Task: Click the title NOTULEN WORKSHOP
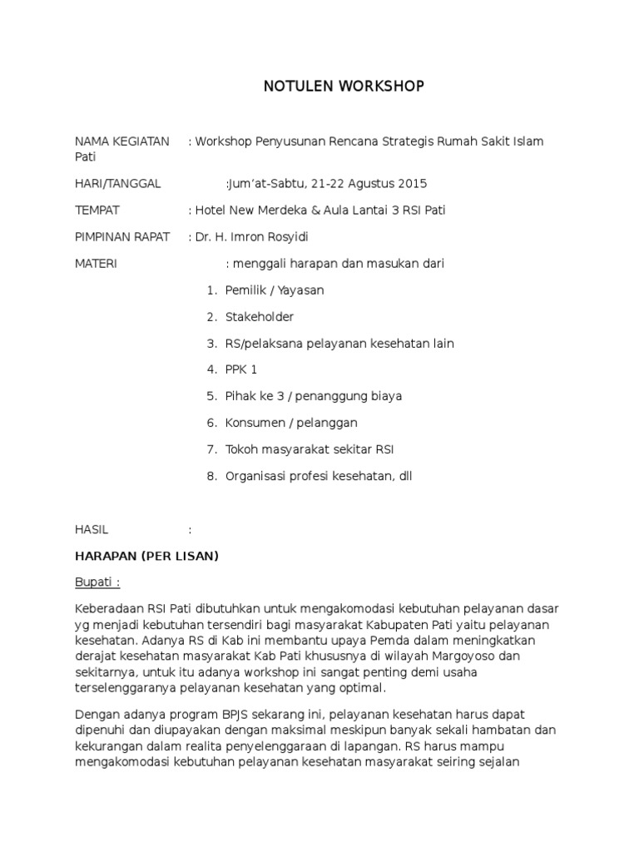tap(344, 87)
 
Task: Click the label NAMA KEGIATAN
tap(122, 141)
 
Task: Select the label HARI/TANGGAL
tap(118, 183)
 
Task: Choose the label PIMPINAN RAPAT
tap(122, 237)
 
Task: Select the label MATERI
tap(97, 264)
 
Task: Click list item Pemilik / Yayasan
tap(275, 290)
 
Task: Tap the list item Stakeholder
tap(260, 317)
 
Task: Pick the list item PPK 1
tap(241, 369)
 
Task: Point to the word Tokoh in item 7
tap(240, 449)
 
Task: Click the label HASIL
tap(92, 529)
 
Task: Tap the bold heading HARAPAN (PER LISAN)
tap(146, 556)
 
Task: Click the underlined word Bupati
tap(94, 582)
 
